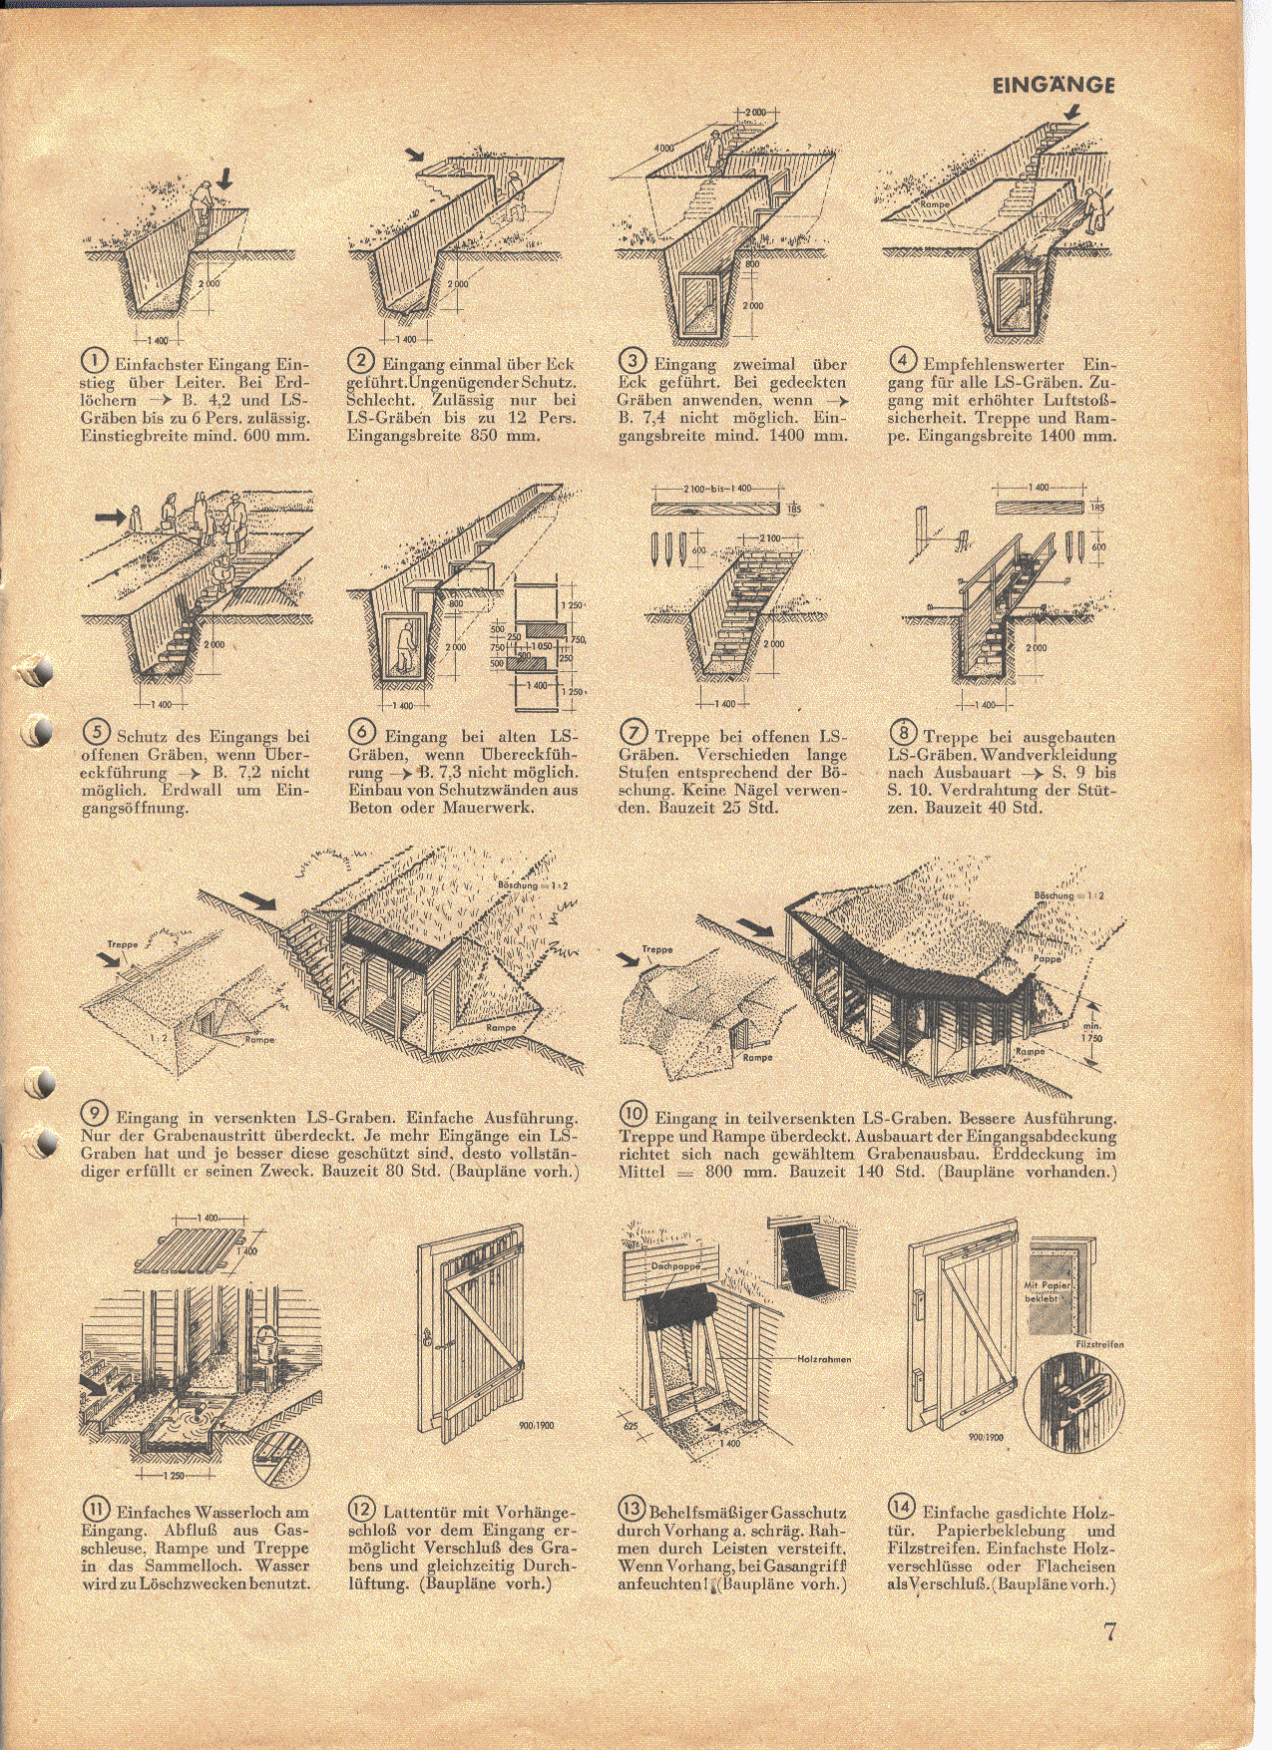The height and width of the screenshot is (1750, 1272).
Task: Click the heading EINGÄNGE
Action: point(1054,85)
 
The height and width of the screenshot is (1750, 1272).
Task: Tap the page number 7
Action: point(1110,1632)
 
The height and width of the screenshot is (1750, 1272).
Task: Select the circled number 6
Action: point(361,733)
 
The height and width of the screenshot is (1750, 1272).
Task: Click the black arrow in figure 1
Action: point(225,178)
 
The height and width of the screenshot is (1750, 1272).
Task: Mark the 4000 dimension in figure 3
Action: point(663,148)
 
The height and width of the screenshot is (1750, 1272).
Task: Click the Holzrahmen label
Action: point(824,1359)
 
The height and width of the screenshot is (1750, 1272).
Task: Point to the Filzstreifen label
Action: point(1098,1344)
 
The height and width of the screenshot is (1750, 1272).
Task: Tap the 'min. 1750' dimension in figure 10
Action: point(1092,1033)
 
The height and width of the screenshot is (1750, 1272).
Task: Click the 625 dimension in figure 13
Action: point(632,1427)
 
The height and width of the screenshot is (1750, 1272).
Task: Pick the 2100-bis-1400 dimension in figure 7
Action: point(717,490)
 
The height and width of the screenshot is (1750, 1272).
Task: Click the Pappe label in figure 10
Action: point(1048,958)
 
